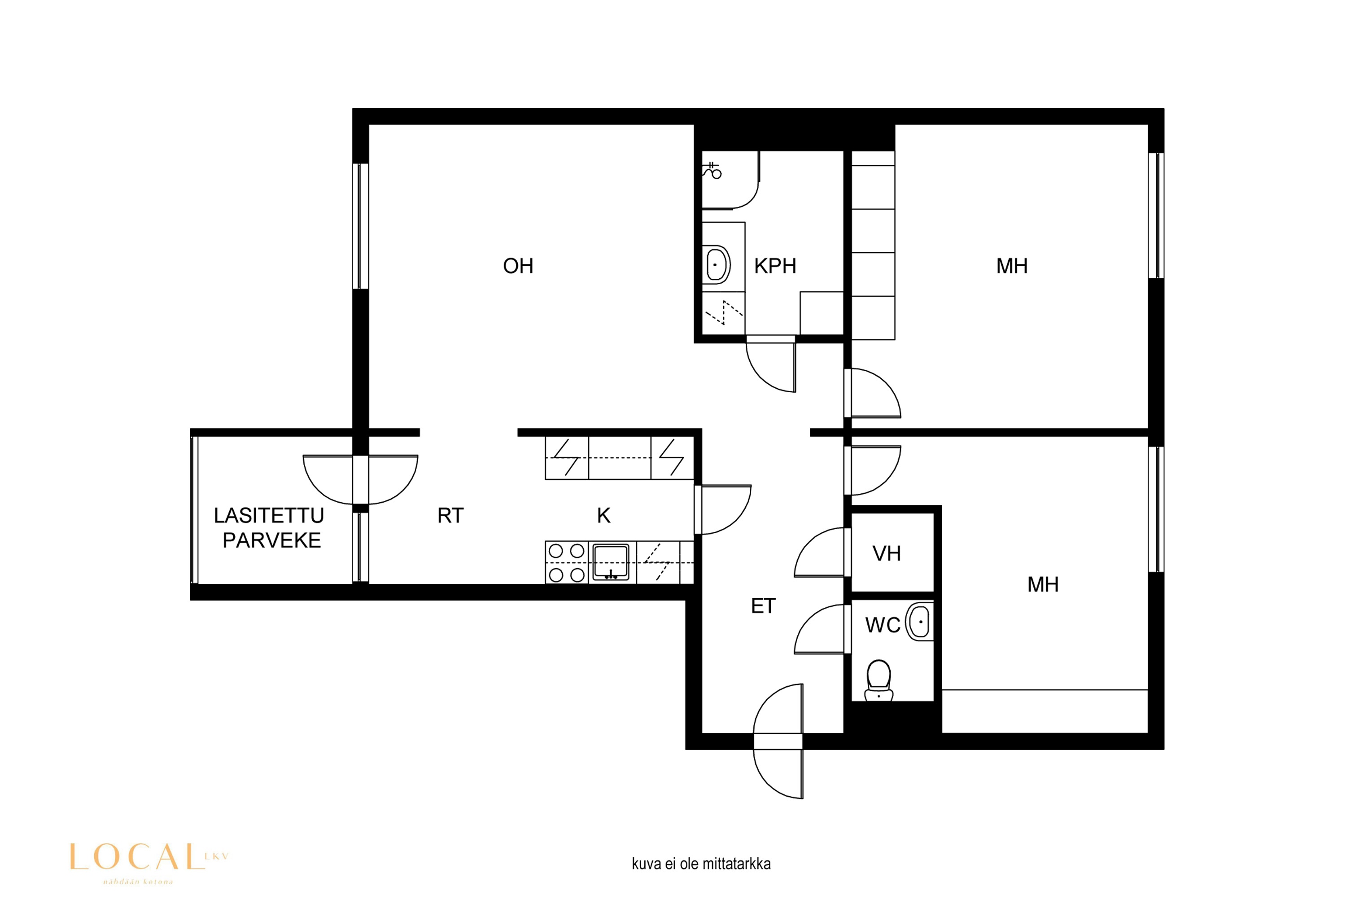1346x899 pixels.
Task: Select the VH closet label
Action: [x=887, y=553]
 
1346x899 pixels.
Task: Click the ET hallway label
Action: [x=763, y=606]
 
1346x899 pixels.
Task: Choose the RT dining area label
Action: [x=450, y=515]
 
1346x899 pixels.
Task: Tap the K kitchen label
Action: [x=603, y=515]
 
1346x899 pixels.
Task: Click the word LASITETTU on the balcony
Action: [x=269, y=515]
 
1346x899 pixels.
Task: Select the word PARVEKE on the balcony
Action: [x=271, y=540]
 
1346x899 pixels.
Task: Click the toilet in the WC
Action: [x=878, y=680]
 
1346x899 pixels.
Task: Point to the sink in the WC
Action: [x=920, y=622]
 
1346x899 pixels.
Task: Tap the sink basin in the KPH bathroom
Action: [x=716, y=265]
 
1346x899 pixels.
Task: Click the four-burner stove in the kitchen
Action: [x=566, y=562]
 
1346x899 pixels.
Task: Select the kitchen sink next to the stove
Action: [x=611, y=562]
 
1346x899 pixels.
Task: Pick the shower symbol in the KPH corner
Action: [x=712, y=171]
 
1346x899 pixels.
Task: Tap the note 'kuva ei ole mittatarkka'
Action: [x=701, y=864]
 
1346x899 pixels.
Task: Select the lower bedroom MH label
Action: [x=1042, y=584]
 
